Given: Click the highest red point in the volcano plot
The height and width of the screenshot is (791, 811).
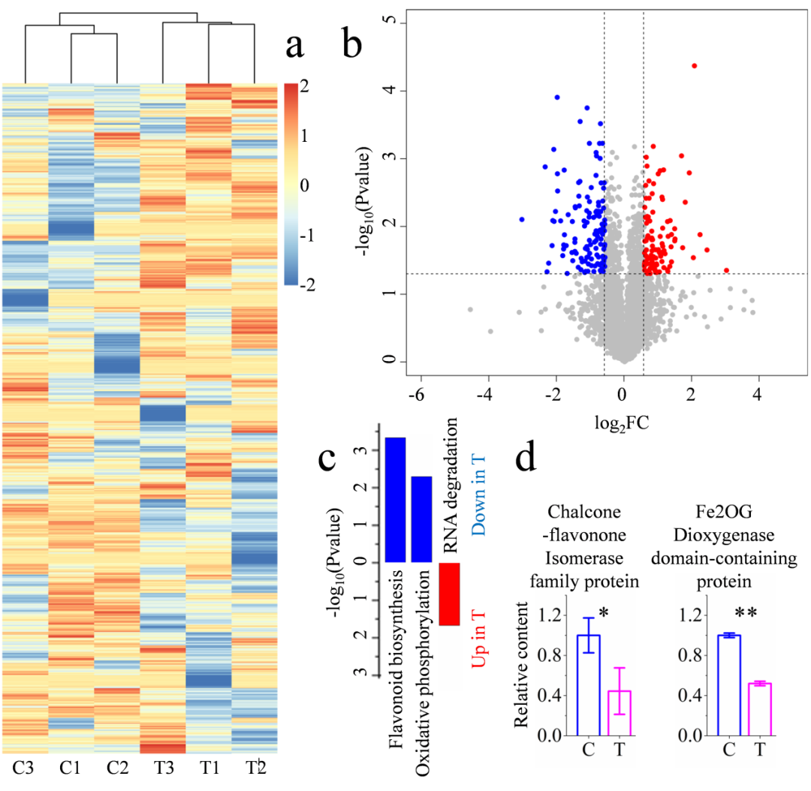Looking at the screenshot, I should click(x=694, y=66).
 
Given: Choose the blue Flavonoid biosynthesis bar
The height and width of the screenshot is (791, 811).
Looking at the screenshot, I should click(x=396, y=499).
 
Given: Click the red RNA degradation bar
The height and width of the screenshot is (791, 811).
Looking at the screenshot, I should click(x=449, y=594).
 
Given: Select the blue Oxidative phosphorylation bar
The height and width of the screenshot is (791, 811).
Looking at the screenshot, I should click(x=421, y=519).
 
